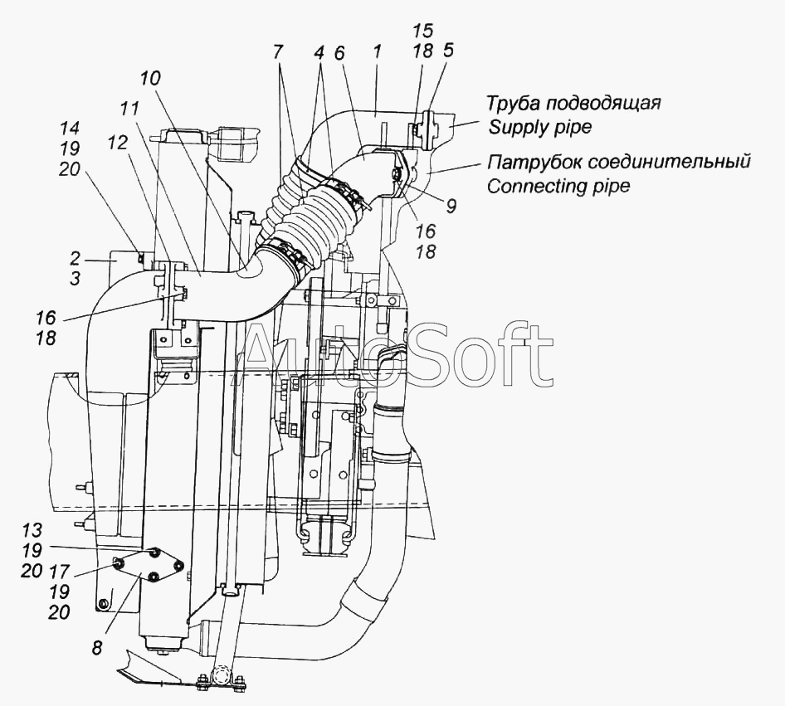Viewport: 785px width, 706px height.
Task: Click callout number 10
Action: pos(150,80)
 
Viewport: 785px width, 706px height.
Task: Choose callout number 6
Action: pos(339,51)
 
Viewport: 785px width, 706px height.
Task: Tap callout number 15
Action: pos(422,32)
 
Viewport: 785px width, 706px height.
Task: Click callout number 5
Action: pos(448,51)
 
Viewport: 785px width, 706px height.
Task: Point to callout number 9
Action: pos(451,205)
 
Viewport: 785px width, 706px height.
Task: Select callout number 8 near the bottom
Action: pos(98,648)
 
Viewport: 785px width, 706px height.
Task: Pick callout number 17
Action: pos(59,572)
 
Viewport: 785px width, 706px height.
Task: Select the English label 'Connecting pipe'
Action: pos(558,186)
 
